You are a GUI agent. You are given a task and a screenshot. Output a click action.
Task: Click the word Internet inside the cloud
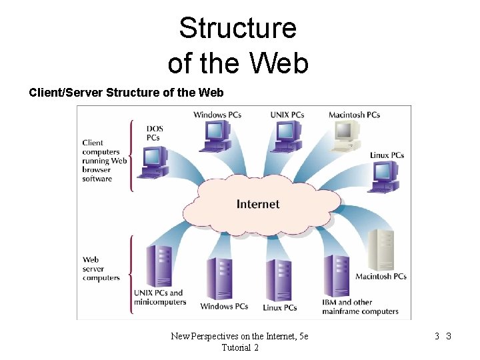click(x=258, y=204)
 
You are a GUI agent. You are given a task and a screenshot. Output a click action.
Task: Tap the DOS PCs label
click(x=155, y=133)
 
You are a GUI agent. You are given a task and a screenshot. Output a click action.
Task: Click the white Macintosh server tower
click(x=381, y=250)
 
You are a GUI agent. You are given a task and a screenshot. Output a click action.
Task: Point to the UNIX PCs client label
click(x=287, y=115)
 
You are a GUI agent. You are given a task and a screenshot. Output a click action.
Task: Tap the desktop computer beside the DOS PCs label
click(x=153, y=162)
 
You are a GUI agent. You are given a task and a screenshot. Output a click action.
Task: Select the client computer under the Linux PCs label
click(x=385, y=177)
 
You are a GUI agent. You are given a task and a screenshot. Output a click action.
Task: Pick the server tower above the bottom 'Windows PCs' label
click(x=221, y=278)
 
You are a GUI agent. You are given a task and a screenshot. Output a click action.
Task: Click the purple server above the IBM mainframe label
click(x=336, y=275)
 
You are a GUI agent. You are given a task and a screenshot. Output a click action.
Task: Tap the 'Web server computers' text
click(x=101, y=269)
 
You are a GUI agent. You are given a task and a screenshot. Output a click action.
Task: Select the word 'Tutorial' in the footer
click(x=236, y=348)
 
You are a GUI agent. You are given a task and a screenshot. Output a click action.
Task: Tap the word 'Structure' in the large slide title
click(x=237, y=29)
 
